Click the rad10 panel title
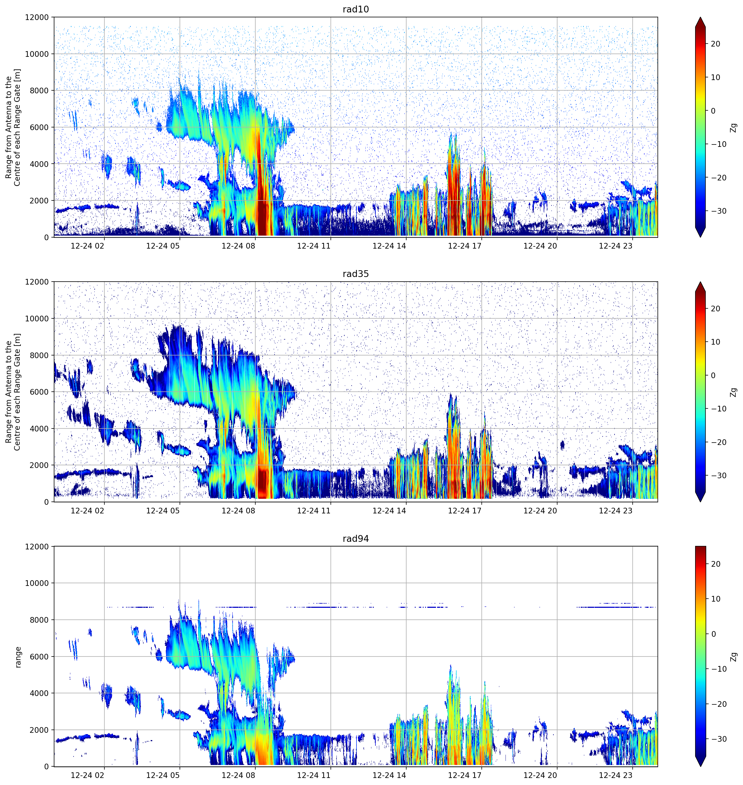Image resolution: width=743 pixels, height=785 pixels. tap(356, 9)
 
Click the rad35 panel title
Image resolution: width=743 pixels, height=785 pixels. tap(356, 274)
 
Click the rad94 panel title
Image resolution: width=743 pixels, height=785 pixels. tap(356, 539)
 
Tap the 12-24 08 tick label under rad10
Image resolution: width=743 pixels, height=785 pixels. tap(239, 246)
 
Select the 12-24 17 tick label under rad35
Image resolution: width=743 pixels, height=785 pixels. tap(465, 510)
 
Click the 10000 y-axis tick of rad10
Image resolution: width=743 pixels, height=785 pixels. tap(37, 54)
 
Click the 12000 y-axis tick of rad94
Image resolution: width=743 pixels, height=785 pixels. tap(37, 547)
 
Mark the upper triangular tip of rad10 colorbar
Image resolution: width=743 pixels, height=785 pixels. tap(700, 17)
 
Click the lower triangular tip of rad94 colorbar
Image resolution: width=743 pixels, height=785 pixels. tap(700, 766)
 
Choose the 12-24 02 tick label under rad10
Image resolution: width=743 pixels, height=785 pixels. tap(88, 246)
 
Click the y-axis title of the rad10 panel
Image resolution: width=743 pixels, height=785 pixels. tap(13, 127)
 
